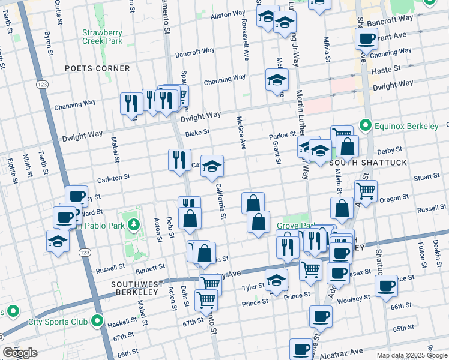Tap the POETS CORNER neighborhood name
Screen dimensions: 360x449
click(x=97, y=68)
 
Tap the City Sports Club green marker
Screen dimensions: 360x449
click(x=97, y=322)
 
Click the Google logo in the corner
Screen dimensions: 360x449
click(x=20, y=353)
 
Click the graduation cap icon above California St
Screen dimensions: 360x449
click(x=212, y=166)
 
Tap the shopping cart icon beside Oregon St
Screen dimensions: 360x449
click(x=366, y=191)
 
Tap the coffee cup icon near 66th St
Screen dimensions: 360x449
click(x=386, y=286)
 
